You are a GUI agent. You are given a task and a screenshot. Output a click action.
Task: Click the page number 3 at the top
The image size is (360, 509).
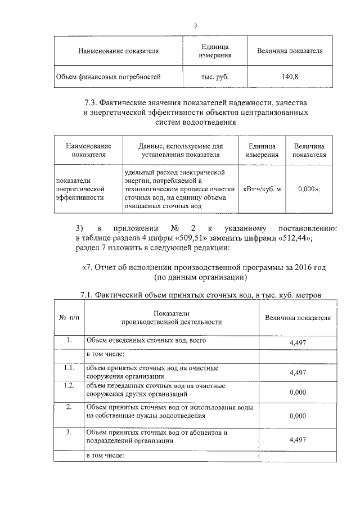click(195, 25)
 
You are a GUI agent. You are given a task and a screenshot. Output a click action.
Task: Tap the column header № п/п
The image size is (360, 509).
click(69, 317)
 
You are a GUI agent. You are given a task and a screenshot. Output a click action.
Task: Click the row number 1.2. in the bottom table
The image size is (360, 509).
click(69, 386)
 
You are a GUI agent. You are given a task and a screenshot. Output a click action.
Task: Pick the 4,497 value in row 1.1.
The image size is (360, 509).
click(296, 372)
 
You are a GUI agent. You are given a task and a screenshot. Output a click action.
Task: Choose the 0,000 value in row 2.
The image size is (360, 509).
click(296, 416)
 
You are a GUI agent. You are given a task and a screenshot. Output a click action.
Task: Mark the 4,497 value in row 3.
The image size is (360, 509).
click(296, 442)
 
